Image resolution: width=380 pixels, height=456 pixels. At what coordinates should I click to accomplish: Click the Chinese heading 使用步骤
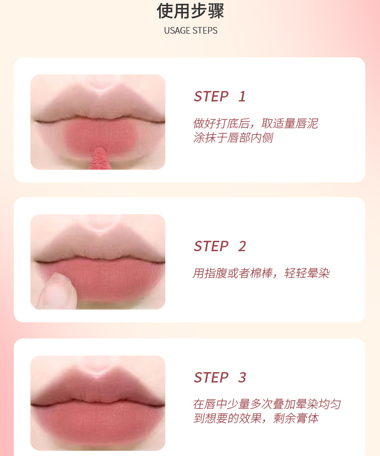190,11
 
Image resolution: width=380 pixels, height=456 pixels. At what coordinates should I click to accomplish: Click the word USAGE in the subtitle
177,31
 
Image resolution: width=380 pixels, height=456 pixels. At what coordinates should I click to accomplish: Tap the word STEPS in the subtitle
205,31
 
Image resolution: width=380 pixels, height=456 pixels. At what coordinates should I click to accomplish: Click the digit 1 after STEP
242,97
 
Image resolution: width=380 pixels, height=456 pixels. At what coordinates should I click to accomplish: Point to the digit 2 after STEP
242,246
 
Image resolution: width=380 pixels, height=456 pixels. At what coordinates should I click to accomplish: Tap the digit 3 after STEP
242,378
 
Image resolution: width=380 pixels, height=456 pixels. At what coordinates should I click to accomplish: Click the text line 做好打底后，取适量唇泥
255,124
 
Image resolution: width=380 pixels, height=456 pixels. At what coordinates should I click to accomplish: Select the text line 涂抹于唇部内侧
233,138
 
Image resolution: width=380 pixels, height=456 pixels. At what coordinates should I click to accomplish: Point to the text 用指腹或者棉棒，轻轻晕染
261,274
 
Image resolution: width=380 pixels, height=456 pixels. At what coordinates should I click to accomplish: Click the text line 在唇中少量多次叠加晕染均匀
266,404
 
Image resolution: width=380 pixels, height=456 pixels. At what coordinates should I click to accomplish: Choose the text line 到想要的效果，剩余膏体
255,419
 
